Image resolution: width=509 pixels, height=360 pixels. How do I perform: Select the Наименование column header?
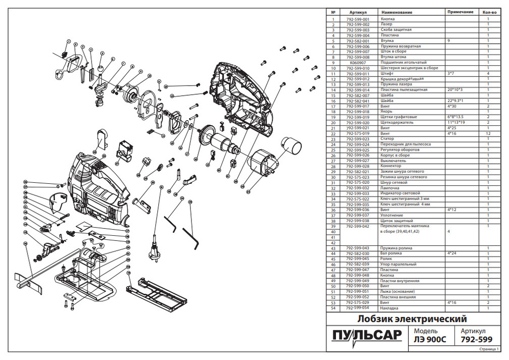[397, 12]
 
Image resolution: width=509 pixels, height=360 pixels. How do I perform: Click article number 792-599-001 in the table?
[358, 19]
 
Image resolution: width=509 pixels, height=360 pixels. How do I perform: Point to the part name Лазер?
[386, 24]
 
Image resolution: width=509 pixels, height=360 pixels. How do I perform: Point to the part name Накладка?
[390, 308]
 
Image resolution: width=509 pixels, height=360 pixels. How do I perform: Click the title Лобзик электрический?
[412, 320]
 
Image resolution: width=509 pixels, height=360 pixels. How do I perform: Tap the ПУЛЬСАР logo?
[366, 337]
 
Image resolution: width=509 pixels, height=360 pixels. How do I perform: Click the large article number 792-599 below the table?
[476, 340]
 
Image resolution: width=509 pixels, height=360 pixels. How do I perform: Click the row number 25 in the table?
[333, 150]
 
